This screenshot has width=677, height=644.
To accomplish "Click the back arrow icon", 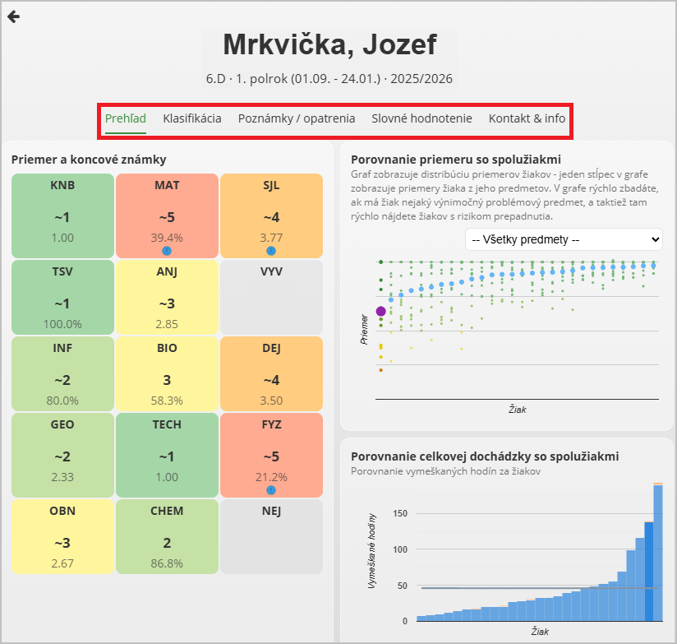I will (x=13, y=17).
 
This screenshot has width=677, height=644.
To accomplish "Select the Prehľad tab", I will (x=126, y=118).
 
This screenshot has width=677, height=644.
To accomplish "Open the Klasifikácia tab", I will (x=192, y=118).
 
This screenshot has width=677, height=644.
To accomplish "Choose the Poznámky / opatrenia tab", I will (x=297, y=118).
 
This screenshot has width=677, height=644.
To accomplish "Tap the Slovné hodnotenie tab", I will (x=421, y=118).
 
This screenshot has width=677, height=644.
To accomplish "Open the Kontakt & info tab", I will (x=527, y=118).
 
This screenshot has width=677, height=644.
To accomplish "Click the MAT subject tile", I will (x=167, y=215).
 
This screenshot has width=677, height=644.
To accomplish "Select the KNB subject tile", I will (x=62, y=215).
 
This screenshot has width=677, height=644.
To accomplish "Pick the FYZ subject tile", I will (x=271, y=455).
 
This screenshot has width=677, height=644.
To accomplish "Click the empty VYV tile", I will (x=271, y=297).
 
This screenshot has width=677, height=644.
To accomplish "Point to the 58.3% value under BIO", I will (x=167, y=401).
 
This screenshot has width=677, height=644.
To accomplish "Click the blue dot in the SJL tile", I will (x=271, y=251).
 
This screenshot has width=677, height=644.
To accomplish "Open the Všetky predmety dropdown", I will (x=563, y=239).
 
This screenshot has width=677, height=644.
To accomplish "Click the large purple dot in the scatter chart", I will (x=380, y=311).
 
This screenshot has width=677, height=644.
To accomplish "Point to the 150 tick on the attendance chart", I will (x=400, y=513).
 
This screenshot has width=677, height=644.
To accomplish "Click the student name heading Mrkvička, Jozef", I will (x=329, y=44).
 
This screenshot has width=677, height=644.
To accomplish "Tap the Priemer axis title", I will (x=364, y=328).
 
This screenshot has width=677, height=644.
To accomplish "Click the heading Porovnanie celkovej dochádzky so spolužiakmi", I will (x=485, y=456).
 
